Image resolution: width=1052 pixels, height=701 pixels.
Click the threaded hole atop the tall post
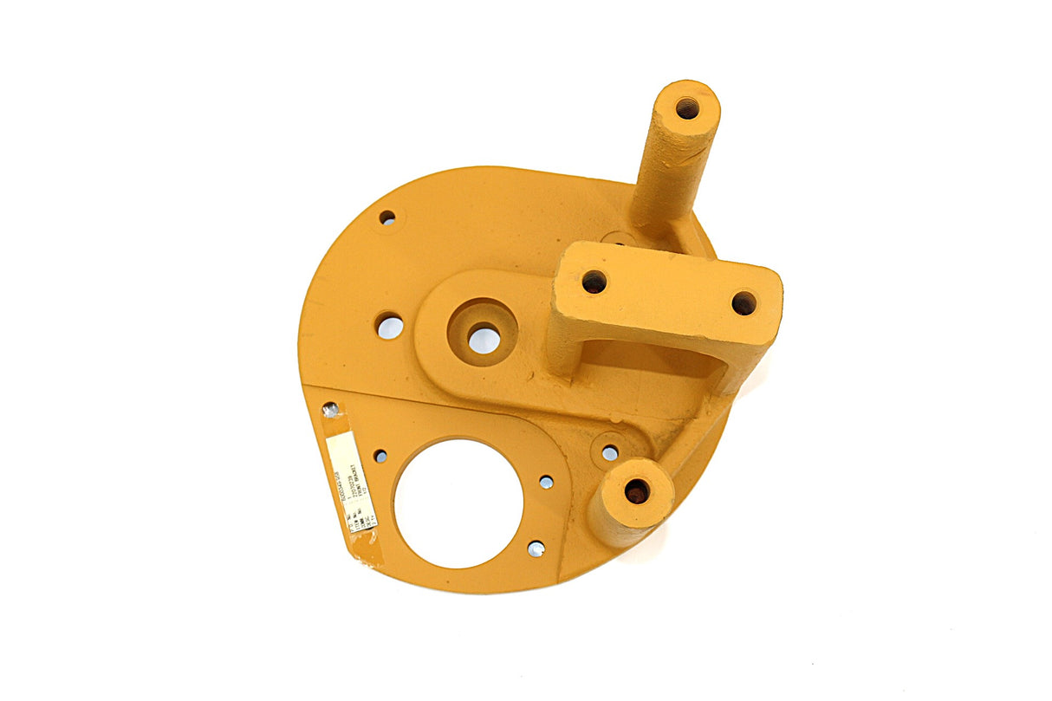[687, 108]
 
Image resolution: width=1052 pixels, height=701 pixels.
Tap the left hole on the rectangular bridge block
[594, 282]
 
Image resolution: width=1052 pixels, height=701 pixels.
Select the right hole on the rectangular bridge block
[744, 303]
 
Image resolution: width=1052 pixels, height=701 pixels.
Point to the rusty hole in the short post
[637, 491]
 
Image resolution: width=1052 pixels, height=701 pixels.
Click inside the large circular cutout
[458, 503]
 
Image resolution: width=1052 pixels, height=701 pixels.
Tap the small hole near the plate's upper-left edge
[387, 217]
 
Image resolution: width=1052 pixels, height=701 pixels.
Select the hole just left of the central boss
[390, 327]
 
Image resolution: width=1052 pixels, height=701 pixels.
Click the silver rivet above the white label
[330, 409]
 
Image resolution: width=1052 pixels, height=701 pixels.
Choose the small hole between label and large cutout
[380, 456]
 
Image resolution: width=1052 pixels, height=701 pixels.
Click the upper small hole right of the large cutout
[546, 482]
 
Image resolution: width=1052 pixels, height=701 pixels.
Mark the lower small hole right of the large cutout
[536, 548]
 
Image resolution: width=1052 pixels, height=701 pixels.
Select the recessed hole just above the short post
[610, 452]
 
